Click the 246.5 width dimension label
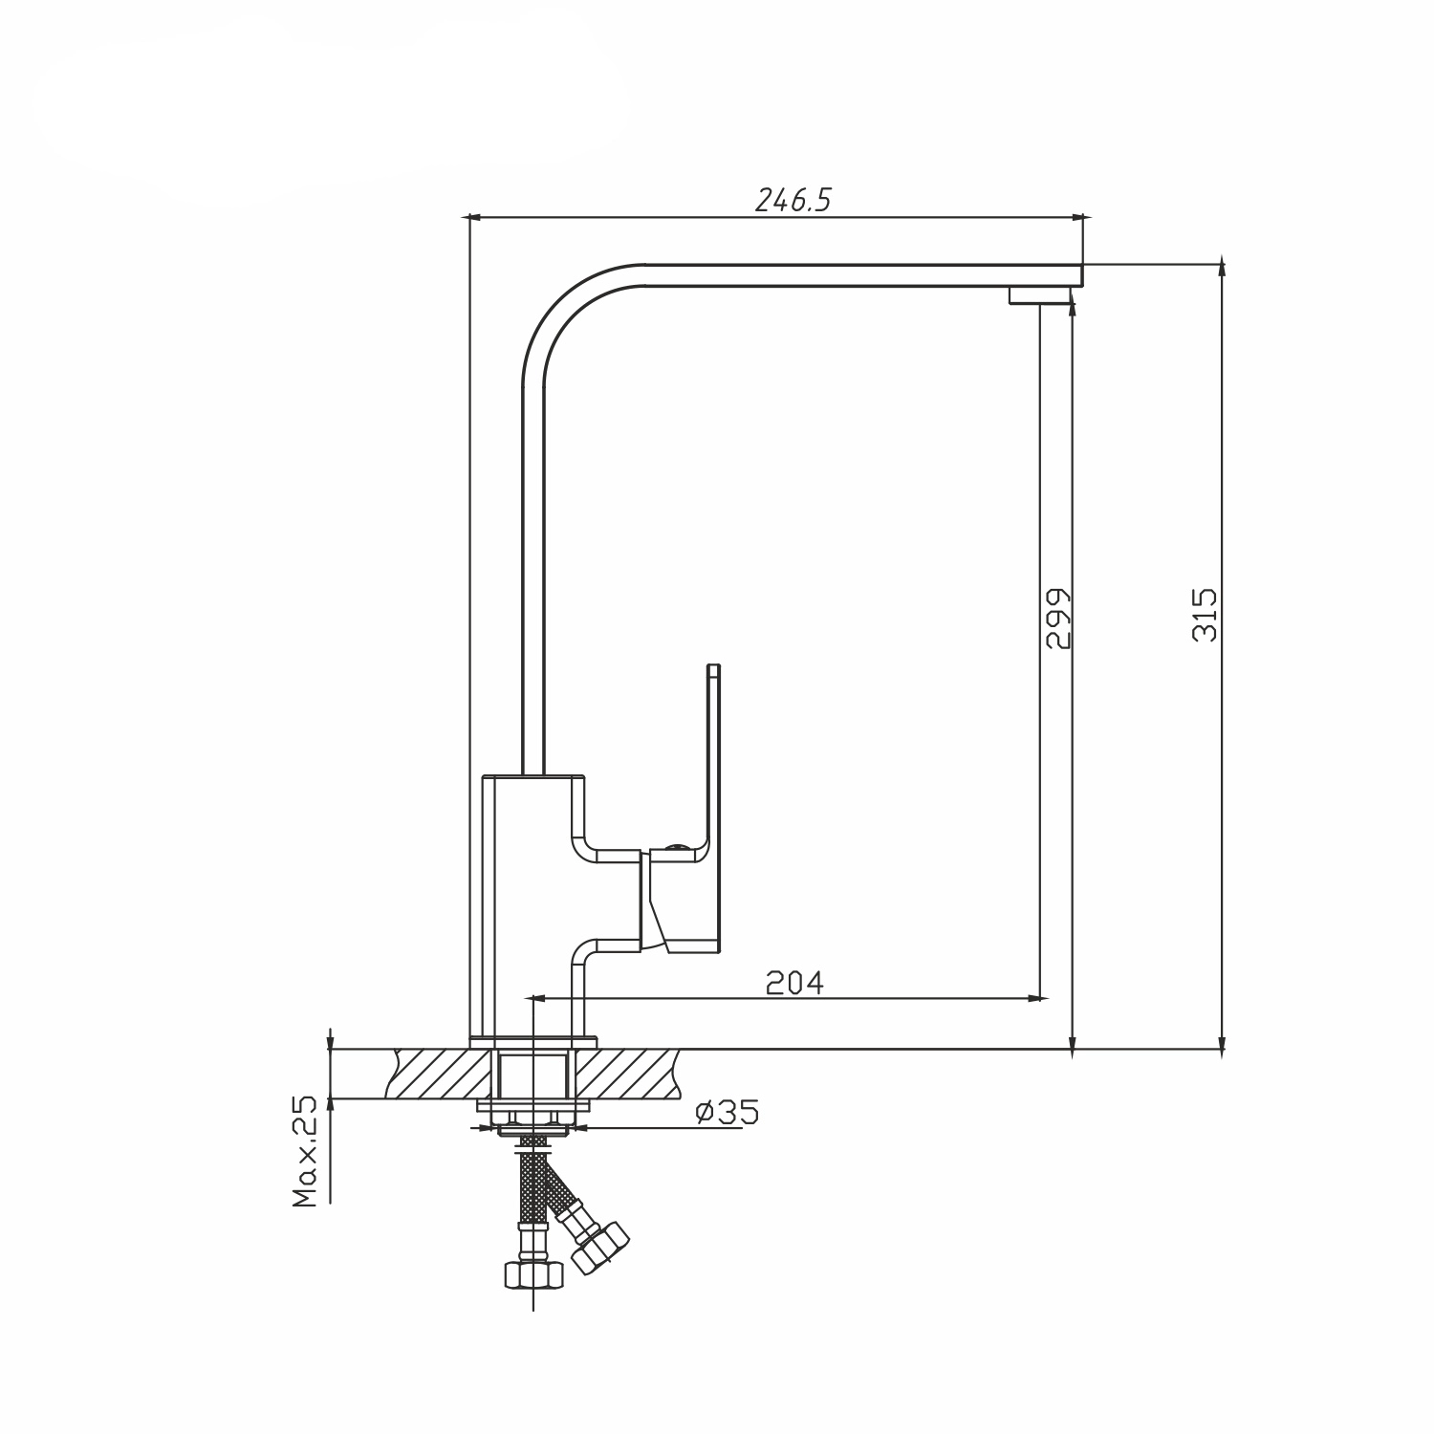point(794,200)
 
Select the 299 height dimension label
point(1058,618)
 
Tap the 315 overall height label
point(1206,614)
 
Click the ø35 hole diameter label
point(728,1112)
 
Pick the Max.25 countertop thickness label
point(305,1153)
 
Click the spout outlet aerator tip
point(1040,295)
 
